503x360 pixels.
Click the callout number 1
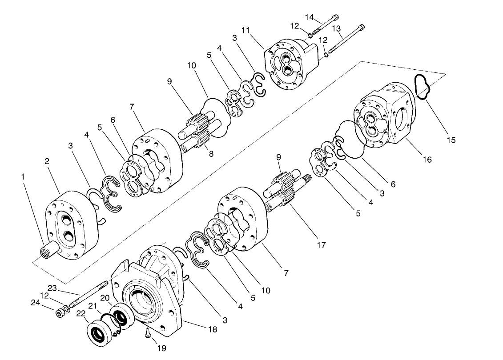[23, 177]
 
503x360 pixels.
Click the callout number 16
[427, 160]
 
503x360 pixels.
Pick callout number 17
[322, 244]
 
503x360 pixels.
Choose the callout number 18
[213, 329]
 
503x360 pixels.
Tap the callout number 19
[161, 348]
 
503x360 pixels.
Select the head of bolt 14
[335, 18]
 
